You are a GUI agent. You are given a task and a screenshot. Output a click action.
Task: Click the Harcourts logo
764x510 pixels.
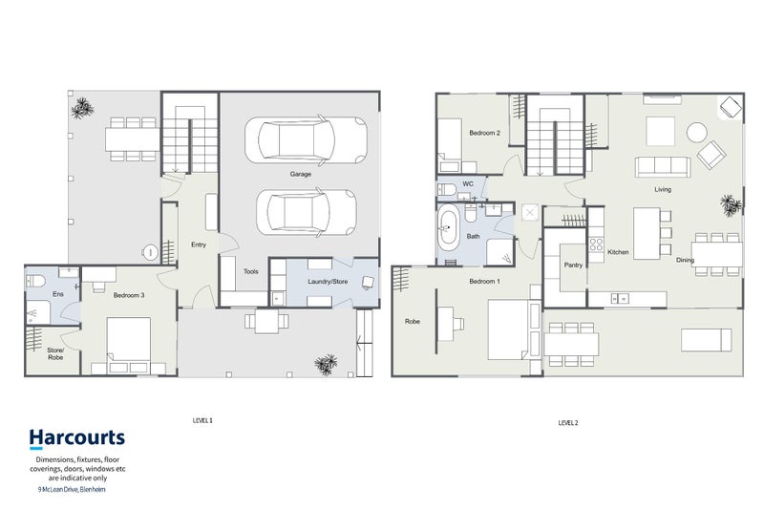click(x=77, y=438)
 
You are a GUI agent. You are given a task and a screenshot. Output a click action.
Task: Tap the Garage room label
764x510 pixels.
click(x=301, y=174)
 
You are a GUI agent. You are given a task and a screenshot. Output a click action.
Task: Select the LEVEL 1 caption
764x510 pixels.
click(x=202, y=420)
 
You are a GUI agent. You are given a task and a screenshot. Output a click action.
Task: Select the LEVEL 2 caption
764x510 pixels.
click(x=568, y=423)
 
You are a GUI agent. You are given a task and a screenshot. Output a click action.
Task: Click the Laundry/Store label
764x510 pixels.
click(x=328, y=282)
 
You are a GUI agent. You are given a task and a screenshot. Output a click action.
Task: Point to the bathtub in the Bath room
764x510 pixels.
click(x=448, y=227)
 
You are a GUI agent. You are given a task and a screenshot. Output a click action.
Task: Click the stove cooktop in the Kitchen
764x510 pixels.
click(x=596, y=244)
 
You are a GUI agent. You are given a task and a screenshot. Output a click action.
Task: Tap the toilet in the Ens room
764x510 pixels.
click(x=35, y=281)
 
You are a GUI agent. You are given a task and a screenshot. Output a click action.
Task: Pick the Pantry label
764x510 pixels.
click(x=573, y=265)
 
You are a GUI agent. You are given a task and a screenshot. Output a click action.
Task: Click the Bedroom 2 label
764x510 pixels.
click(x=485, y=133)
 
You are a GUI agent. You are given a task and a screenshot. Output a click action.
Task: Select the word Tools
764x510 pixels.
click(x=251, y=271)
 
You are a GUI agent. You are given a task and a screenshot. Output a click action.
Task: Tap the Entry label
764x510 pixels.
click(x=199, y=244)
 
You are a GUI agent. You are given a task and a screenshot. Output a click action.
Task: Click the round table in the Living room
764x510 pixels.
click(x=697, y=133)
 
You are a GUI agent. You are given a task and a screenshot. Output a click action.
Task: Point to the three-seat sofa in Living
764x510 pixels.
click(x=663, y=167)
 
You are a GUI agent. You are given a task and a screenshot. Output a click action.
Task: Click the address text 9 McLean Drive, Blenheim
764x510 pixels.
click(x=72, y=490)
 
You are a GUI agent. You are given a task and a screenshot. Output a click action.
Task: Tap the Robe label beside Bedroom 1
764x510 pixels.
click(x=413, y=322)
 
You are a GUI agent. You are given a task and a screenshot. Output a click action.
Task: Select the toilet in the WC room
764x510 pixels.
click(x=446, y=189)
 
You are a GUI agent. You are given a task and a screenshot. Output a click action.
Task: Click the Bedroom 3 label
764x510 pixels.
click(x=129, y=295)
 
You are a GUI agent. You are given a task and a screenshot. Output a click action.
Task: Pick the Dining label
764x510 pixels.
click(x=685, y=260)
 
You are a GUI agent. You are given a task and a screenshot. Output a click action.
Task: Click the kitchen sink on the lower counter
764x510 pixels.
click(x=619, y=298)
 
